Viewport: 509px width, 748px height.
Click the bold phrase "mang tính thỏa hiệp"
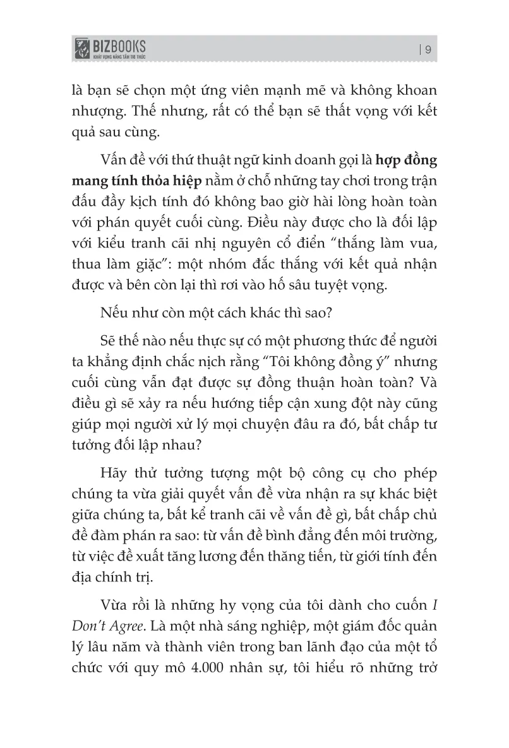click(x=137, y=181)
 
